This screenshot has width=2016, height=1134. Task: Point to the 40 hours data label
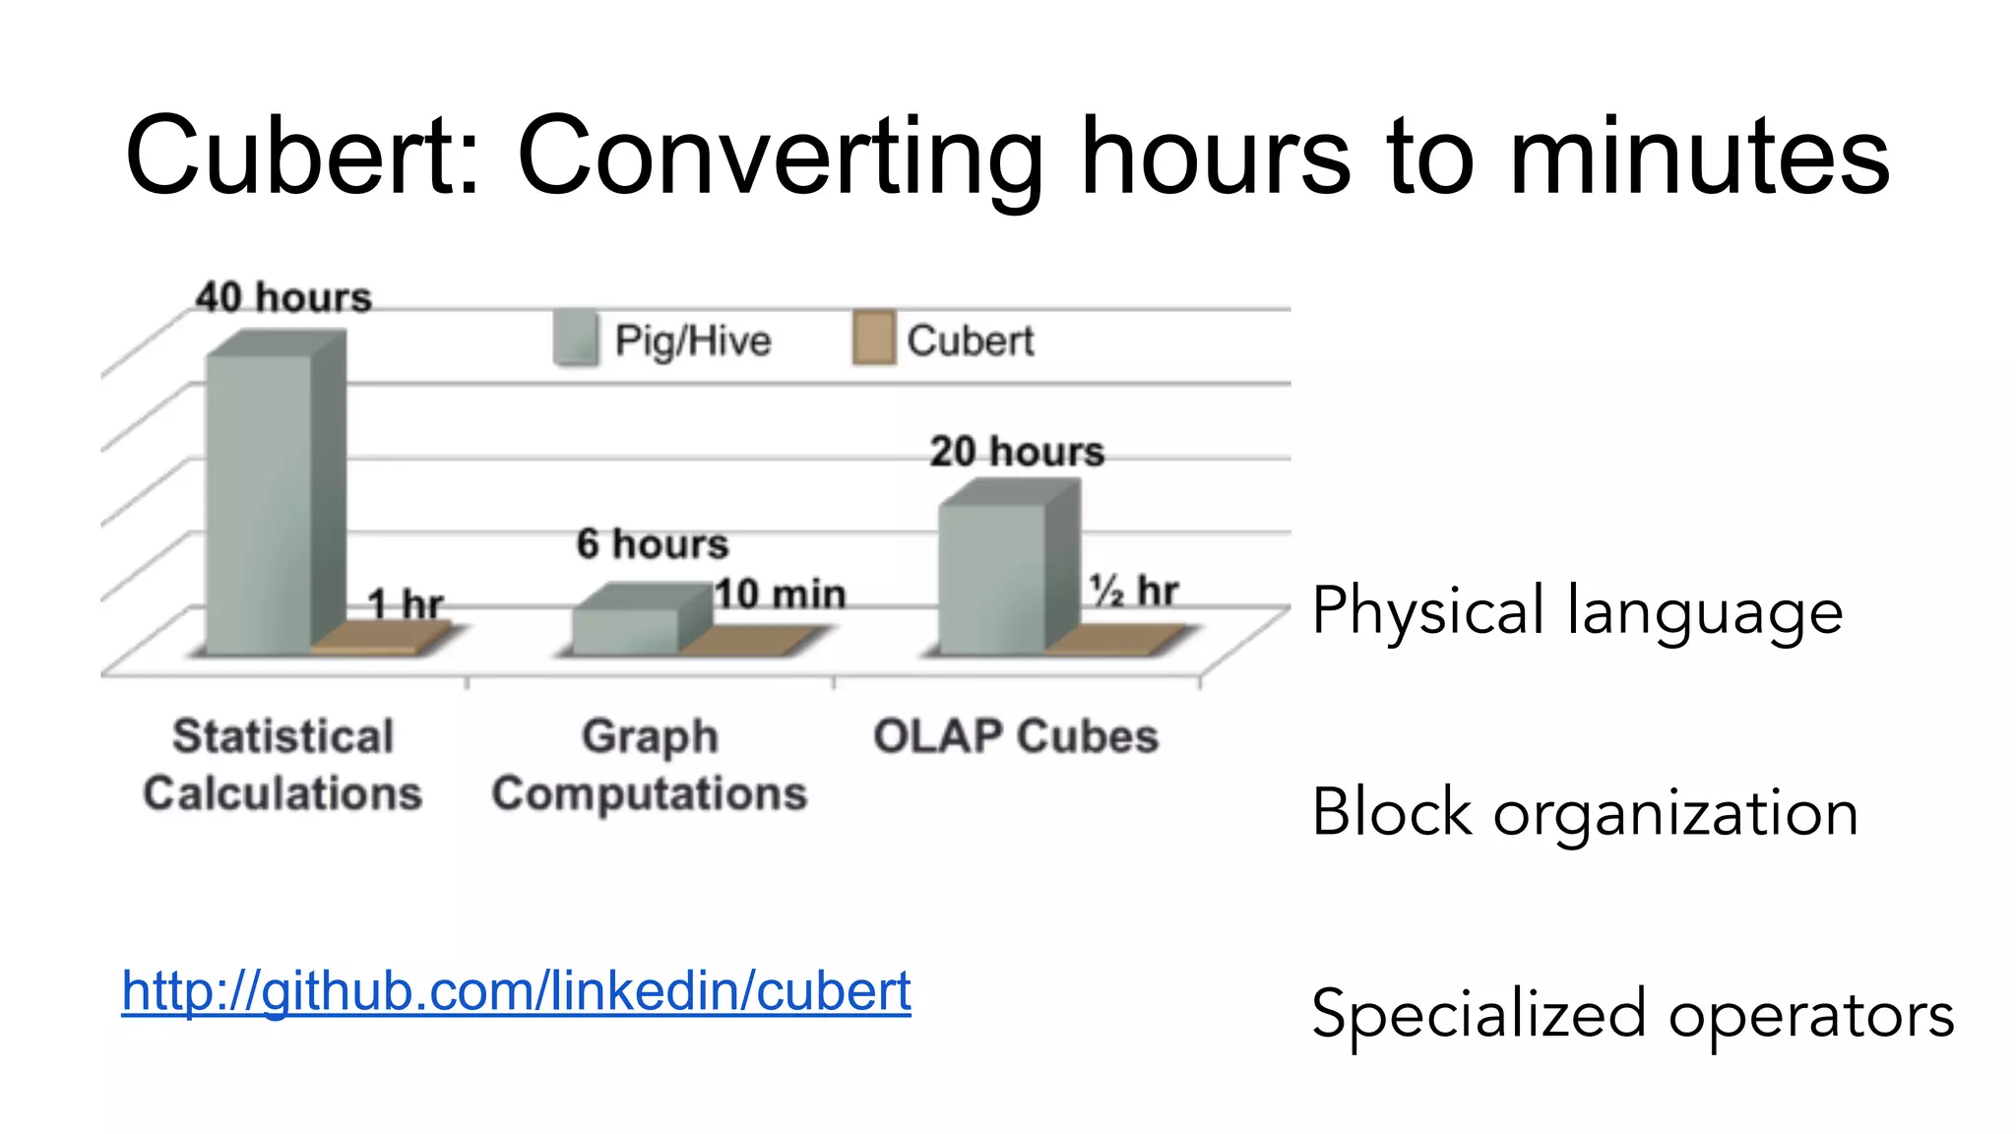(x=283, y=297)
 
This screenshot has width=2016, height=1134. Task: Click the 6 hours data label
(x=653, y=543)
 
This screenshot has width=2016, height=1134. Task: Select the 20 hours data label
(x=1017, y=451)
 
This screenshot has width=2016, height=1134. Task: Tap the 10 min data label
(x=781, y=594)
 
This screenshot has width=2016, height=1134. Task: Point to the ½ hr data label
(x=1133, y=591)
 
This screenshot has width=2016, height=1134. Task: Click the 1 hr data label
(x=406, y=603)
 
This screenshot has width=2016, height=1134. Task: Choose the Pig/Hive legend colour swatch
(x=576, y=340)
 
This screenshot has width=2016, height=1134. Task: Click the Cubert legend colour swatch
(x=873, y=340)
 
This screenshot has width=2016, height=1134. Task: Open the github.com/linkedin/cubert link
(x=516, y=990)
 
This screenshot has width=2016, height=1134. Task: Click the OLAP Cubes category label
(x=1016, y=736)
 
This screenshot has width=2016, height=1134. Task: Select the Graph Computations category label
(x=650, y=765)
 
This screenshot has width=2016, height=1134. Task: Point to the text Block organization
(x=1585, y=813)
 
